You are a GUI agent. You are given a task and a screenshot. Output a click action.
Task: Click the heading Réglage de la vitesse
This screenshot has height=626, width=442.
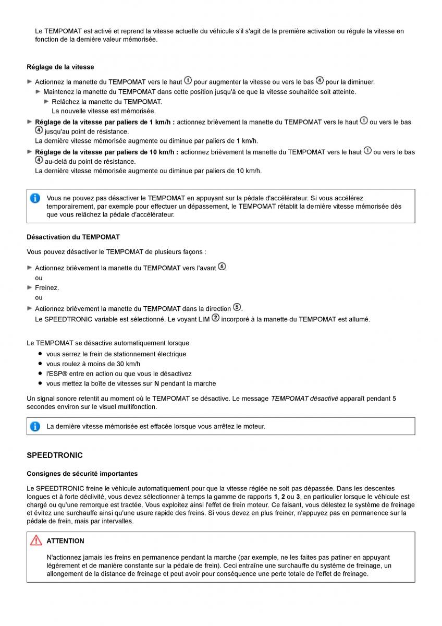tap(60, 67)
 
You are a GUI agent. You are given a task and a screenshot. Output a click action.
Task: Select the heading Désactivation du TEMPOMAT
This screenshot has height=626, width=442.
tap(73, 237)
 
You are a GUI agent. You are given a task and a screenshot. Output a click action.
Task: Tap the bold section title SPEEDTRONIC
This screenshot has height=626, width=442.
tap(55, 455)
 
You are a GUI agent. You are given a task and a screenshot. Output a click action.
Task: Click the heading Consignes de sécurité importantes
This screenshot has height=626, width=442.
tap(82, 474)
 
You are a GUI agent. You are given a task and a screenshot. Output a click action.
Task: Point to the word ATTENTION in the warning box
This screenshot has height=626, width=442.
tap(65, 541)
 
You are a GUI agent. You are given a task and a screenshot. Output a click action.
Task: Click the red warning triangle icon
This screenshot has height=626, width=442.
tap(36, 541)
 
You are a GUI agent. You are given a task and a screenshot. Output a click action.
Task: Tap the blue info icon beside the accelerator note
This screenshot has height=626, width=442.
tap(35, 198)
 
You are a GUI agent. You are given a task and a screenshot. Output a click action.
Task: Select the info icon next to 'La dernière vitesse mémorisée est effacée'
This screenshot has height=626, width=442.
tap(35, 426)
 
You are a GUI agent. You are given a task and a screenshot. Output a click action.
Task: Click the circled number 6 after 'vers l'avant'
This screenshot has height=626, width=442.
tap(222, 267)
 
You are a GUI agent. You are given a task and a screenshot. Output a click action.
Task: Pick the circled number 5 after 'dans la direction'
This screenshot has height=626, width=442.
tap(237, 307)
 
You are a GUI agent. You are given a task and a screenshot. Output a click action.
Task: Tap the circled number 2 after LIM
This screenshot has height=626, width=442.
tap(215, 318)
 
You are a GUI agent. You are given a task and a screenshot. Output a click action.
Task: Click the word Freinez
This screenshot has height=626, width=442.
tap(47, 287)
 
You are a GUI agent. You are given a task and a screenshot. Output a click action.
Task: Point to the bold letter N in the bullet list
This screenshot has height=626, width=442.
tap(163, 384)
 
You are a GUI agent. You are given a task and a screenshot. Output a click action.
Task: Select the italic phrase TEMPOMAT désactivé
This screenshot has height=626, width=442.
tap(304, 399)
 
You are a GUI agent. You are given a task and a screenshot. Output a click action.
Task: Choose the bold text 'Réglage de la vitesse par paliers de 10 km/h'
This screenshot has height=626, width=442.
tap(106, 152)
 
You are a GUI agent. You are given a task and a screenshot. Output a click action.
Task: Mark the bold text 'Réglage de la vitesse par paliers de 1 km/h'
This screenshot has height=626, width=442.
tap(104, 122)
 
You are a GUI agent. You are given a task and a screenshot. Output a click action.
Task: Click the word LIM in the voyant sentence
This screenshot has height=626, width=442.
tap(204, 319)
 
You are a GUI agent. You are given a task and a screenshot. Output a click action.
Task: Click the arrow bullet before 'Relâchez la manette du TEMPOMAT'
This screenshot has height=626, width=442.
tap(46, 102)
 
